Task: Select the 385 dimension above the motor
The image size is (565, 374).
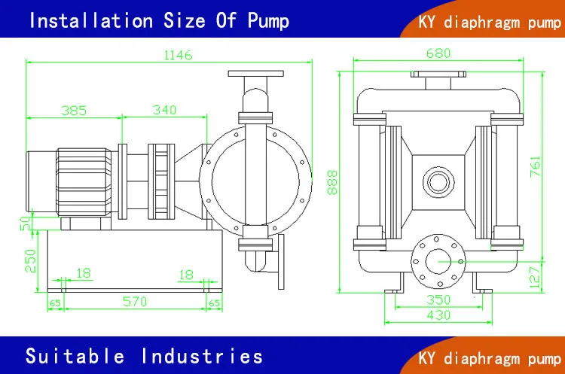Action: point(74,110)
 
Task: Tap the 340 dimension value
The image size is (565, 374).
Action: point(163,110)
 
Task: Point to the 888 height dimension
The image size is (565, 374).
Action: point(332,181)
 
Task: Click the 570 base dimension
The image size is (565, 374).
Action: point(136,303)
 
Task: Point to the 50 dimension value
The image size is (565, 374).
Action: point(24,224)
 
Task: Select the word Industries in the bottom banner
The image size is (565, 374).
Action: point(202,355)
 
